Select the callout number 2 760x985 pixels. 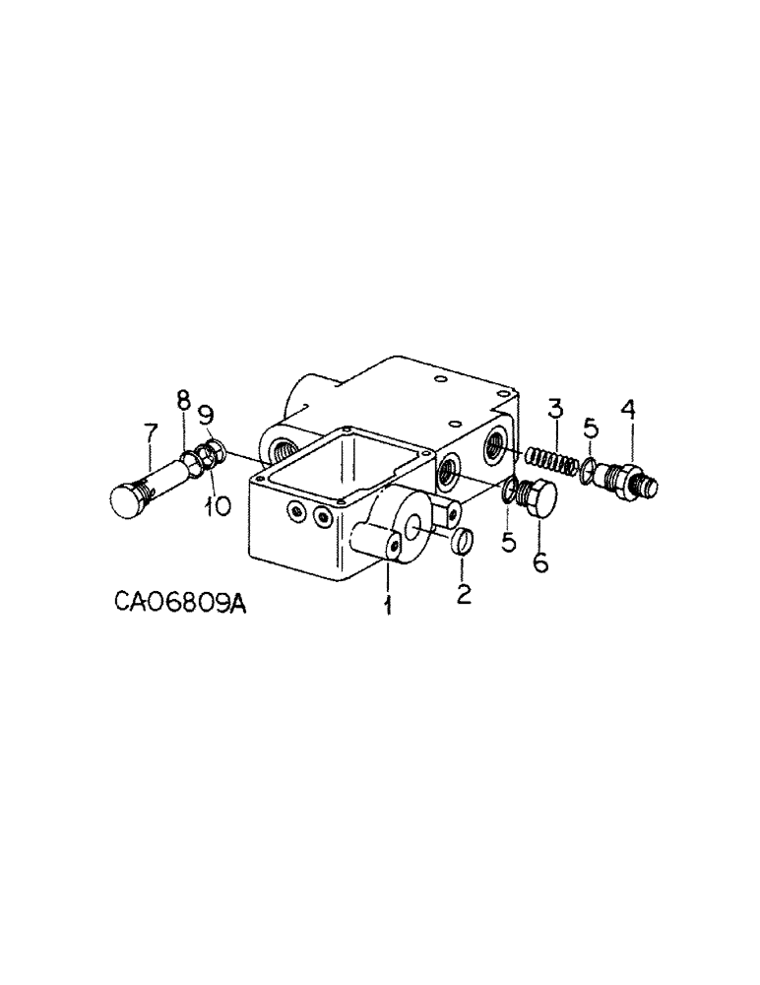(464, 594)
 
